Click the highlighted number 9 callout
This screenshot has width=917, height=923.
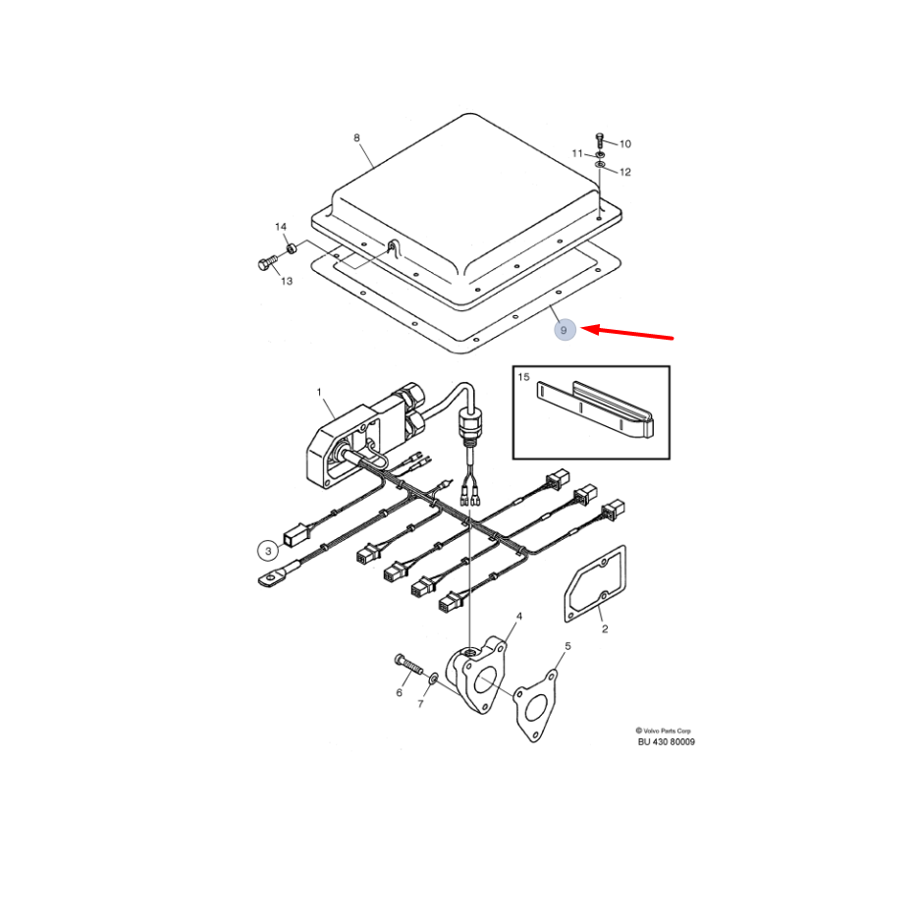pyautogui.click(x=565, y=330)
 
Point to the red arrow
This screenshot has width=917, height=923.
pyautogui.click(x=626, y=333)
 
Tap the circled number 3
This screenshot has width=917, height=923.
pyautogui.click(x=268, y=551)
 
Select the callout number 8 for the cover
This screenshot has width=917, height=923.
pyautogui.click(x=356, y=137)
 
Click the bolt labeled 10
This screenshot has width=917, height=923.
pyautogui.click(x=600, y=140)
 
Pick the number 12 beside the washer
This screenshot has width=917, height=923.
pyautogui.click(x=625, y=172)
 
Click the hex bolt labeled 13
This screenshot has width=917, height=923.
pyautogui.click(x=267, y=263)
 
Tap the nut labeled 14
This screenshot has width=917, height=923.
pyautogui.click(x=291, y=247)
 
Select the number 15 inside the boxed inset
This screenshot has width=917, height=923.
pyautogui.click(x=524, y=377)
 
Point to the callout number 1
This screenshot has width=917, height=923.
pyautogui.click(x=319, y=392)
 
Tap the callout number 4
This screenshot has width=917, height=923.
pyautogui.click(x=518, y=617)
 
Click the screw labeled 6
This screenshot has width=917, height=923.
pyautogui.click(x=409, y=664)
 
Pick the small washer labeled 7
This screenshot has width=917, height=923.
pyautogui.click(x=433, y=679)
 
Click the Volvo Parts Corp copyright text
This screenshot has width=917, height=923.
pyautogui.click(x=664, y=731)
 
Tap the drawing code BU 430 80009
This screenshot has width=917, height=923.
pyautogui.click(x=667, y=742)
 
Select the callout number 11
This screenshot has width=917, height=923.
pyautogui.click(x=577, y=153)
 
